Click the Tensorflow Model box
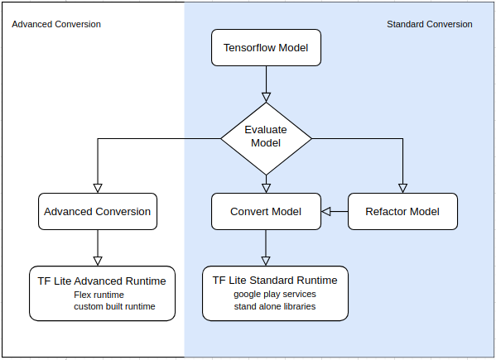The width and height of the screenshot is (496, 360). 266,48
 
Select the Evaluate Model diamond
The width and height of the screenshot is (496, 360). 266,139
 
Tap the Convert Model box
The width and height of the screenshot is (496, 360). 266,212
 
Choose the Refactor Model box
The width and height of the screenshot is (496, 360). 402,212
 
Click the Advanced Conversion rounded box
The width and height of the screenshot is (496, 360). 98,212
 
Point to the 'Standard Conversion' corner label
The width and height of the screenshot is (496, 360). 430,24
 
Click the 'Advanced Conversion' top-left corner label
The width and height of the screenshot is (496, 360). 56,24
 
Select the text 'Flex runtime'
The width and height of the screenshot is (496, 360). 99,295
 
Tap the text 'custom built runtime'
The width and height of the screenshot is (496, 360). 114,306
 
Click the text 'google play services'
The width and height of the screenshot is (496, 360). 275,295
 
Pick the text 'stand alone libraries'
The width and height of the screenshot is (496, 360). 275,306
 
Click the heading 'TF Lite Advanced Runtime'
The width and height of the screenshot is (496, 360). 102,281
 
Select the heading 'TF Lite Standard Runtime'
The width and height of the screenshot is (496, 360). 275,281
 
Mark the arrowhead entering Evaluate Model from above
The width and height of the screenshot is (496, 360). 266,98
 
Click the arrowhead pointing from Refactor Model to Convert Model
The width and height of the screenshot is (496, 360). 325,212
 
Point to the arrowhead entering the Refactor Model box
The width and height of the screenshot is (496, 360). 402,189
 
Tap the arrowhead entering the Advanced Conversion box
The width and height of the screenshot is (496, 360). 98,189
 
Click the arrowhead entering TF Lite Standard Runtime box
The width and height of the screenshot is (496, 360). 266,261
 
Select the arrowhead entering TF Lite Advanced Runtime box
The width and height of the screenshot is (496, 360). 98,261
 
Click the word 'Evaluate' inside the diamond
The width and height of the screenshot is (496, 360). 266,130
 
